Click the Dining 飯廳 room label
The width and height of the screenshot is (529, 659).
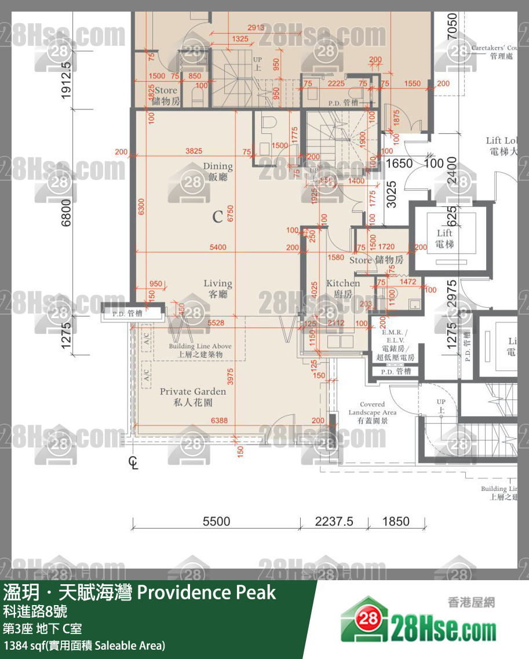click(x=218, y=172)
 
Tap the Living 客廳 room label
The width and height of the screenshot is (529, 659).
click(x=218, y=289)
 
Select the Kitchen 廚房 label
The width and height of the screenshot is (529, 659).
click(x=343, y=288)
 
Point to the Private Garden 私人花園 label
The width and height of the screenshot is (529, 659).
click(x=193, y=397)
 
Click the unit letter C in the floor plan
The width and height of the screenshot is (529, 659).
click(x=217, y=217)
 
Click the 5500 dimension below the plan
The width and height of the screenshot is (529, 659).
click(x=216, y=521)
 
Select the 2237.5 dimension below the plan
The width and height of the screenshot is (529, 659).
click(x=334, y=521)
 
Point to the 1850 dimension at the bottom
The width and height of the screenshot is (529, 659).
click(x=396, y=521)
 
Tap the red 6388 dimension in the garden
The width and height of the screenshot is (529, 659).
click(x=219, y=420)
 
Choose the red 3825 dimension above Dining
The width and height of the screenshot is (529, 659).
click(x=194, y=151)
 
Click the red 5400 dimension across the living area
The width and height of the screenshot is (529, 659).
click(x=218, y=247)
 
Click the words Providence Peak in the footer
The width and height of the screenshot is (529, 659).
click(x=206, y=592)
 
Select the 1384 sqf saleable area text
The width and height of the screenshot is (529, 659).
click(x=85, y=645)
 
